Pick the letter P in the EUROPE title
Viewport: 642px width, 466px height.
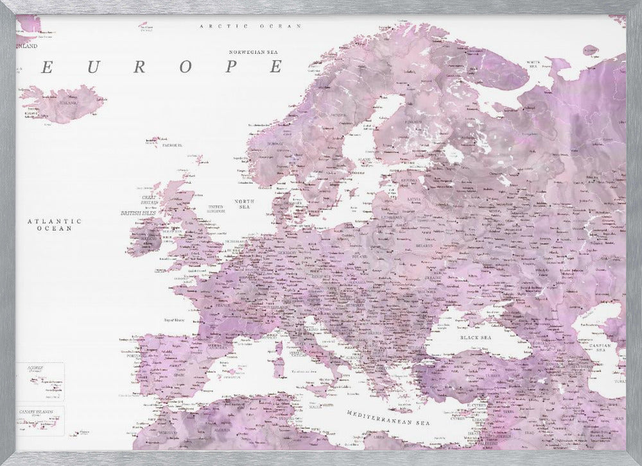231,67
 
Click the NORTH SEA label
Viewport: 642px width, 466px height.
245,204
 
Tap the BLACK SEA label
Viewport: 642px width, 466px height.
475,337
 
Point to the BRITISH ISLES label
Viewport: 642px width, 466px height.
139,212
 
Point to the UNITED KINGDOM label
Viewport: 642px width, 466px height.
216,209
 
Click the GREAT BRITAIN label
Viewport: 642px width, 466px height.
149,200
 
